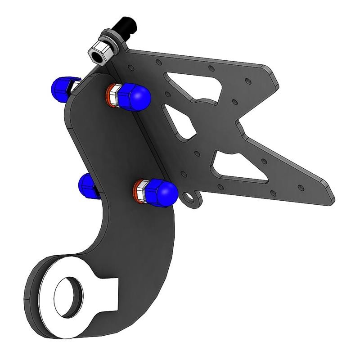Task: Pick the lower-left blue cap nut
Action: pos(88,185)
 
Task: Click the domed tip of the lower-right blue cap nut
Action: pos(167,193)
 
